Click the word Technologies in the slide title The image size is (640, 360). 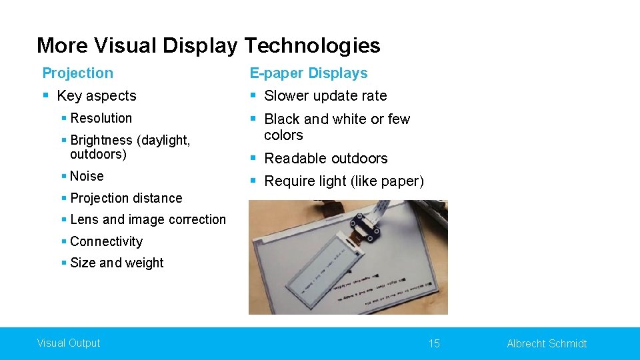(x=312, y=45)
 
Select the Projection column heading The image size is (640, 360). (x=77, y=73)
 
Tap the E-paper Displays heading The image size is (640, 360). (x=309, y=73)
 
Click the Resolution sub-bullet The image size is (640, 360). (x=101, y=118)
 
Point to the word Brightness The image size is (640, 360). (x=101, y=140)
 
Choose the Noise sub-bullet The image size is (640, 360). (x=87, y=176)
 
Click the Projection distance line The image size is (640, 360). (x=125, y=198)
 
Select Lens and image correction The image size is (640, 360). (x=147, y=219)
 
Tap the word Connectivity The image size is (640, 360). (x=106, y=241)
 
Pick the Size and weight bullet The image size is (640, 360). (x=116, y=263)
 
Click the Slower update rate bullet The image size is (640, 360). (x=325, y=96)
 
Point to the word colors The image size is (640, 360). (x=283, y=135)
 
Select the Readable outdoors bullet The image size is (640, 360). (x=325, y=159)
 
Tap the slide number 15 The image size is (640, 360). (x=434, y=343)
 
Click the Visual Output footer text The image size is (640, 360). (x=68, y=343)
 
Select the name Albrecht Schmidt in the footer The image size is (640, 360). (x=547, y=343)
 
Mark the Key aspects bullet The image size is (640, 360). (x=96, y=96)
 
